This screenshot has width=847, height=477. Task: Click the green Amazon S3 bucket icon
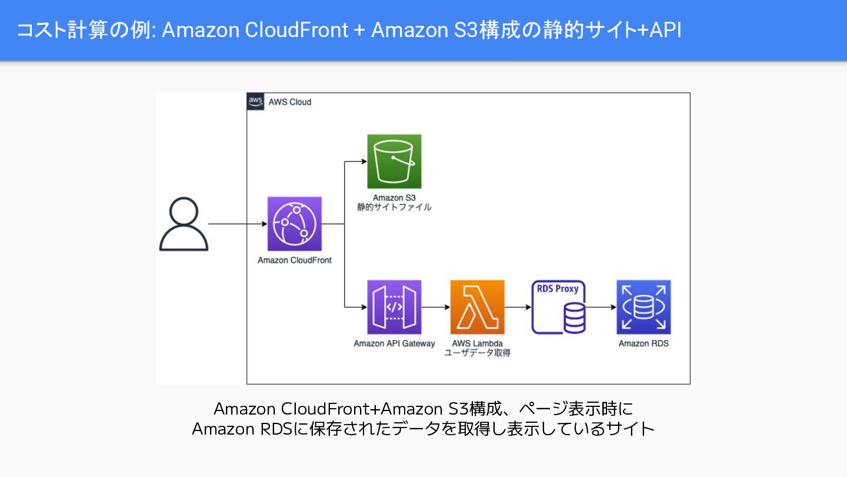[394, 161]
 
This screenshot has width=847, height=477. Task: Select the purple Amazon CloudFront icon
[294, 224]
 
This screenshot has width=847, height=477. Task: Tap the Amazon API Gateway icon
[394, 307]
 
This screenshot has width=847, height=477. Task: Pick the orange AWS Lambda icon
[477, 307]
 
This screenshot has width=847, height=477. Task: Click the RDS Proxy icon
[559, 307]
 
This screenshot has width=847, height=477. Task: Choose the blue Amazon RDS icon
[643, 307]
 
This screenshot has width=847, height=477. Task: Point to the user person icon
[184, 224]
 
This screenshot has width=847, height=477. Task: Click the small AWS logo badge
[256, 101]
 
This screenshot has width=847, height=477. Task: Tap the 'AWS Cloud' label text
[289, 102]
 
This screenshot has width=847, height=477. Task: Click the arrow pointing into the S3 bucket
[355, 161]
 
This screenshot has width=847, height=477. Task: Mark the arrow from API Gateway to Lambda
[435, 307]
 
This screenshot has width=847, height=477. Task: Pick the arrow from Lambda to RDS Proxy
[518, 307]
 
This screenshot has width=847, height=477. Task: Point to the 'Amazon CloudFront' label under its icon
[294, 260]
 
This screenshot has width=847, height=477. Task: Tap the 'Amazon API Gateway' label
[394, 343]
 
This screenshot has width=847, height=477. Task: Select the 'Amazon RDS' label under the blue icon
[643, 343]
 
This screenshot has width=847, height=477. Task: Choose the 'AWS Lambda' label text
[477, 343]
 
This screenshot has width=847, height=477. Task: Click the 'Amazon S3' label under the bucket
[394, 198]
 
